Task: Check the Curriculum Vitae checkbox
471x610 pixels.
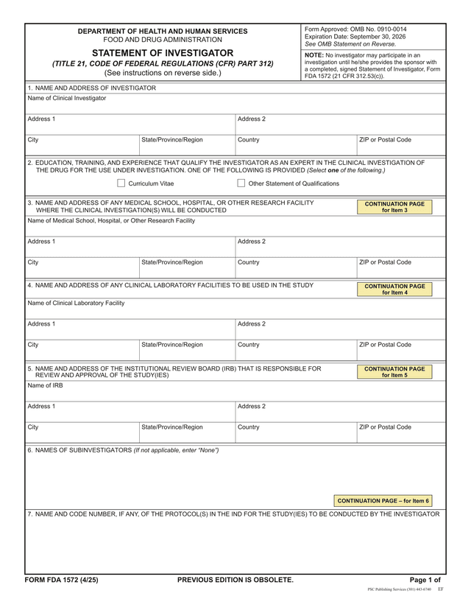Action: point(121,183)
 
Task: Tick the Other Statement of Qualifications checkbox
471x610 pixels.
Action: point(241,183)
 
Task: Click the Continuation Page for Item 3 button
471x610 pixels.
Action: point(394,206)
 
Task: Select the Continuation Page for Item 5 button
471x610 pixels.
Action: point(394,371)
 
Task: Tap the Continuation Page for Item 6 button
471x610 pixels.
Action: point(383,500)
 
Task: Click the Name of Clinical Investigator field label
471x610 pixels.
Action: point(67,98)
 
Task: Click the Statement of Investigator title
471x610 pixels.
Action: point(163,53)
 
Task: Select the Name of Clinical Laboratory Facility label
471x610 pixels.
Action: point(76,303)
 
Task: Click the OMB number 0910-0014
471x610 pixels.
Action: point(385,29)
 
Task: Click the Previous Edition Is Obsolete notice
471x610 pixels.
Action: point(235,580)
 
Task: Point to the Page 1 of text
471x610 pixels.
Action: point(425,580)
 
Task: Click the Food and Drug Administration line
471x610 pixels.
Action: point(163,40)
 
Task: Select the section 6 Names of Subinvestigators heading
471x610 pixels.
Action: point(123,450)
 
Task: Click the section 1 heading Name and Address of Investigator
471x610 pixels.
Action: point(92,88)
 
